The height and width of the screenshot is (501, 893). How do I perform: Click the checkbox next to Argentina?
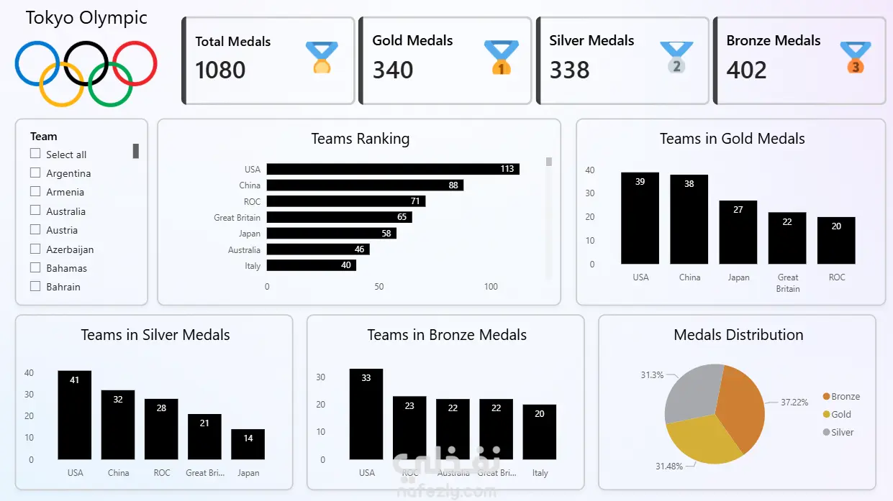[35, 173]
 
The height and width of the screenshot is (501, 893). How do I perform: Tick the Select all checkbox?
[35, 154]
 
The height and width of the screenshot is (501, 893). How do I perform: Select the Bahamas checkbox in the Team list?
[35, 267]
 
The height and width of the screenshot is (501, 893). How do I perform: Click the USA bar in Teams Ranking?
[392, 169]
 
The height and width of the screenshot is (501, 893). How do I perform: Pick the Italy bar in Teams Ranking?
[311, 265]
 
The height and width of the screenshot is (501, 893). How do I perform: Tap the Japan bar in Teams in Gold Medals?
[738, 231]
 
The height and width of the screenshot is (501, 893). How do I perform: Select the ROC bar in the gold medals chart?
[836, 240]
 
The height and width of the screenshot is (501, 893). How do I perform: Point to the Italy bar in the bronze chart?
[540, 431]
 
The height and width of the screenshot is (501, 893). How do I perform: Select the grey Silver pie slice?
[692, 392]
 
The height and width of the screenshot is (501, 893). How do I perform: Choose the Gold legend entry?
[840, 414]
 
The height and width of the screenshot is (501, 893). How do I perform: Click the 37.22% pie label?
[794, 402]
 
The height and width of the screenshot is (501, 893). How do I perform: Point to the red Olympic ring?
[135, 63]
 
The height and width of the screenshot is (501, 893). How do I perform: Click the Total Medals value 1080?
[220, 70]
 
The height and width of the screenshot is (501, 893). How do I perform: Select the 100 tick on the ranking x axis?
[491, 286]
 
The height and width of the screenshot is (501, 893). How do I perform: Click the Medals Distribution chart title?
[738, 335]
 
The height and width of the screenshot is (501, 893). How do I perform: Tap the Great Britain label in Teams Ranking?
[237, 217]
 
